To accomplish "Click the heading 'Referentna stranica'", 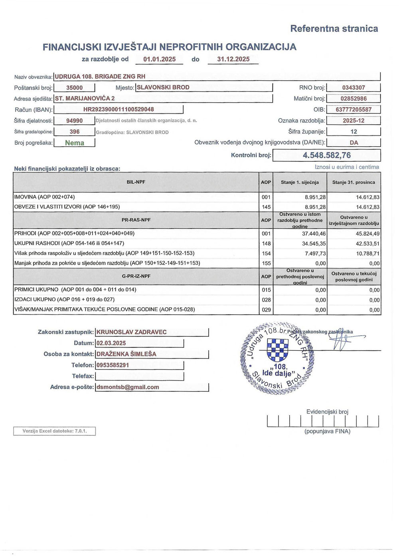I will click(334, 29).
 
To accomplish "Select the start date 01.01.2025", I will click(159, 59).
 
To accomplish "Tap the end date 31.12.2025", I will click(233, 59).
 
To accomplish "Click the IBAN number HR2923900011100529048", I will click(119, 109).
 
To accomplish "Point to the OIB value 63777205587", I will click(354, 109).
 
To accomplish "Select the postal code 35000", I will click(74, 88).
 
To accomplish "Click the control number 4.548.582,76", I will click(326, 155).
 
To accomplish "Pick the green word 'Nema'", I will click(75, 143).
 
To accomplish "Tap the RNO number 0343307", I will click(354, 88).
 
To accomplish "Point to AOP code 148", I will click(266, 244).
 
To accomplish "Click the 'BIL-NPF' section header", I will click(136, 182).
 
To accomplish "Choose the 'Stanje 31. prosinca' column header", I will click(354, 183).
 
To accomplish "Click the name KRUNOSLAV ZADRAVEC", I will click(132, 332).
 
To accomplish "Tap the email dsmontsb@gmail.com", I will click(128, 387).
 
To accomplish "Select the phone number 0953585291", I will click(113, 365).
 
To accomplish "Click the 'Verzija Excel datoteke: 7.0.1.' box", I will click(55, 431).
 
